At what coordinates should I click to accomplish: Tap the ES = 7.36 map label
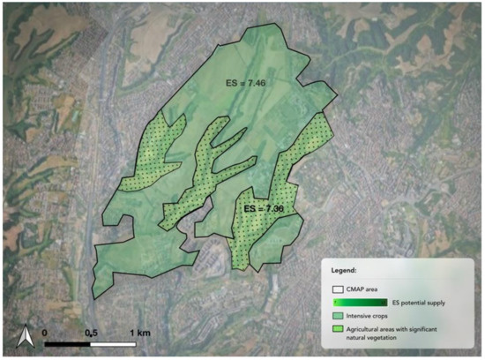(x=263, y=209)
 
